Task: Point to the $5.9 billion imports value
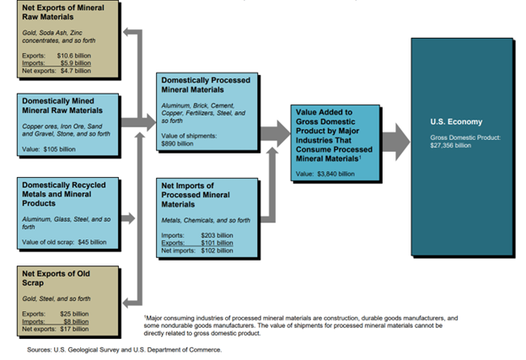click(77, 62)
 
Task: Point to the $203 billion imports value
click(215, 235)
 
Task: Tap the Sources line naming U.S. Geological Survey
click(125, 349)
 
